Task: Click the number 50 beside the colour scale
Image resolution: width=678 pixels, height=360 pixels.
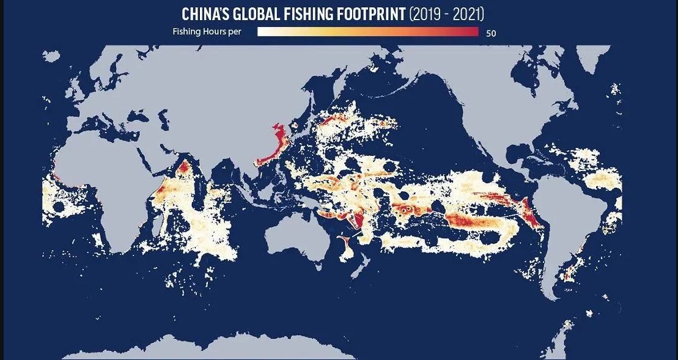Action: [490, 34]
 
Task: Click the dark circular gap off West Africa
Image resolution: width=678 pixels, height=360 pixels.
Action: [59, 207]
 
